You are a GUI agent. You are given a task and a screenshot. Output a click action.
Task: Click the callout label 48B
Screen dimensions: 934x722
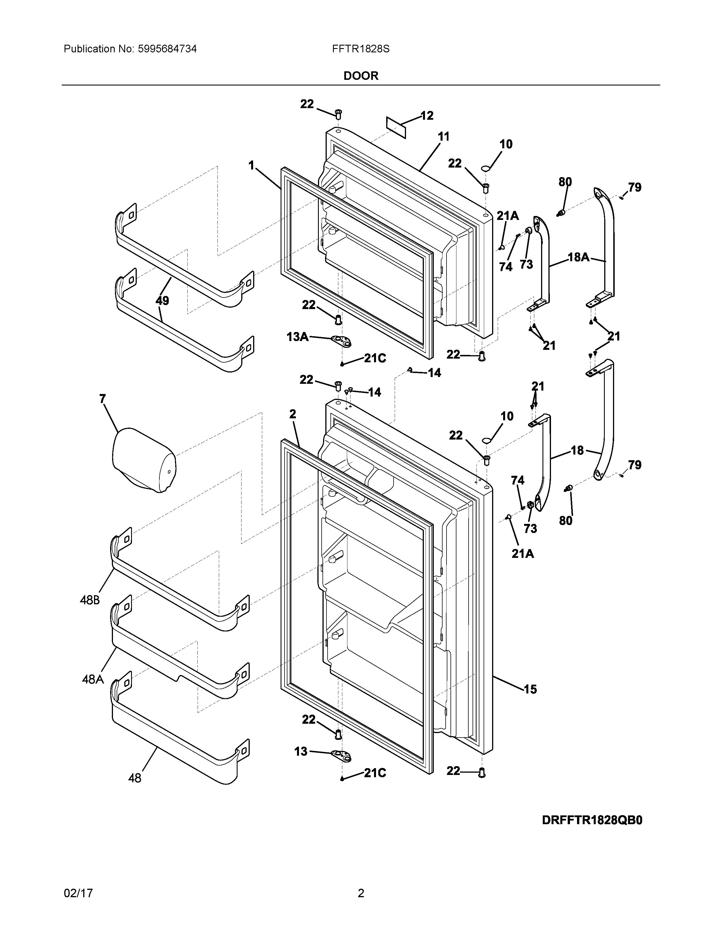(90, 600)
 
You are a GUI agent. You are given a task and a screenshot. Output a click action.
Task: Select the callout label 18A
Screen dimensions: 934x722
(578, 257)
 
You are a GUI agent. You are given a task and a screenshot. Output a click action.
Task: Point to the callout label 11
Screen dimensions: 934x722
(444, 137)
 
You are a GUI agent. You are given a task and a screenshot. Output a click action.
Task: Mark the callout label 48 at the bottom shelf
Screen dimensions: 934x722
(135, 778)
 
